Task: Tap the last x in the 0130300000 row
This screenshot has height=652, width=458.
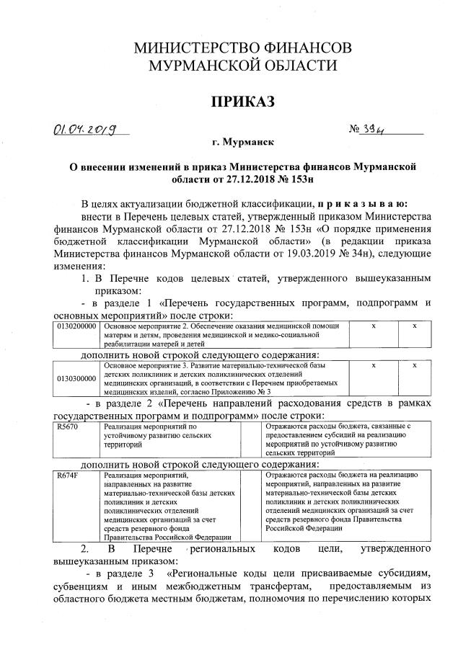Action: pos(415,366)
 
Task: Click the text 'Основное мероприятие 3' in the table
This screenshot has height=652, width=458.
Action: pos(152,366)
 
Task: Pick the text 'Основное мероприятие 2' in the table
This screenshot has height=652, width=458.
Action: pos(152,326)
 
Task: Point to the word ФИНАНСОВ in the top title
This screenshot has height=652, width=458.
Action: pos(308,48)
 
